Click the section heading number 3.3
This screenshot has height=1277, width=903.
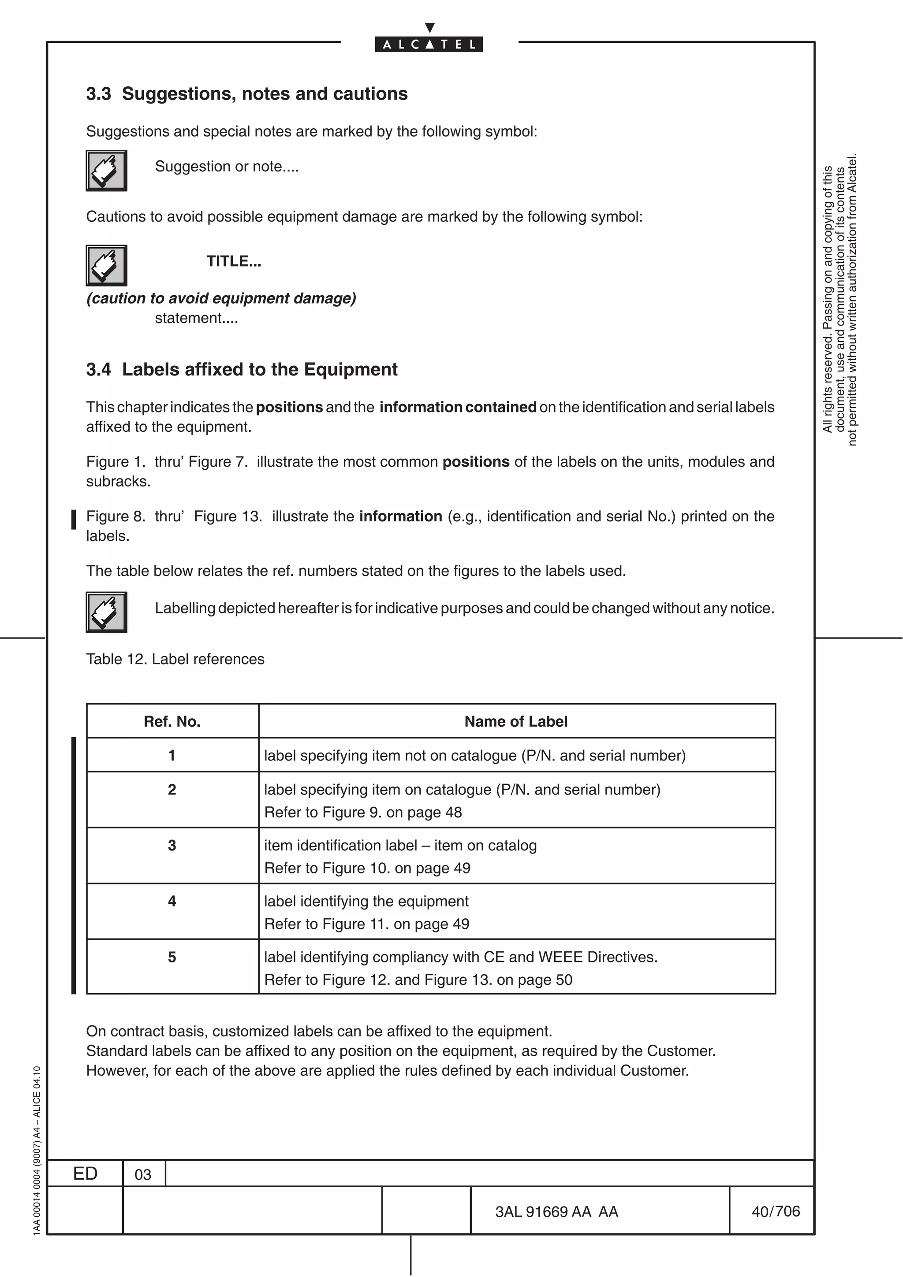click(98, 94)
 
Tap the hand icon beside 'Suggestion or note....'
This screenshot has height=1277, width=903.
click(106, 171)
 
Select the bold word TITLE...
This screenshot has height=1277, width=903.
click(233, 261)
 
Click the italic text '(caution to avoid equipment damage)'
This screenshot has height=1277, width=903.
click(221, 299)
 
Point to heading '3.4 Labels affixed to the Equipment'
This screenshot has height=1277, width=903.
click(242, 369)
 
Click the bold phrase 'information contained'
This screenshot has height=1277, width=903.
click(457, 407)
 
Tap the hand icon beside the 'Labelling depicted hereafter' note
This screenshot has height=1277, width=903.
click(106, 613)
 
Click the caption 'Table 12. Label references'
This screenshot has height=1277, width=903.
click(175, 659)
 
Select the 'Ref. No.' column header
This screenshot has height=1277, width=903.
click(172, 721)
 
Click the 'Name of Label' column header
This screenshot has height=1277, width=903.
click(516, 721)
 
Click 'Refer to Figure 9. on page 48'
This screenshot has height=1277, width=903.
click(363, 813)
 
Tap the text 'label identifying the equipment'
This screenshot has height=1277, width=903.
click(366, 901)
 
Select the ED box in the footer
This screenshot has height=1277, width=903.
click(85, 1173)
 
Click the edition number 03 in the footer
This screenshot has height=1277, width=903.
click(143, 1175)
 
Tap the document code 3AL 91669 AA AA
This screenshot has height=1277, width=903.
click(556, 1212)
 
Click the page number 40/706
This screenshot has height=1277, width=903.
click(775, 1211)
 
